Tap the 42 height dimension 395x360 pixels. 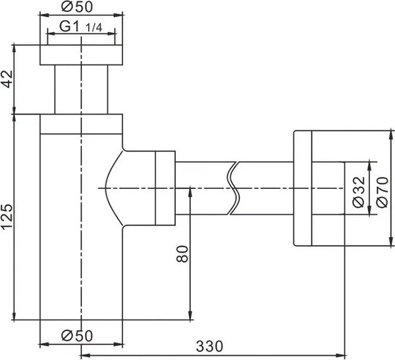coord(7,82)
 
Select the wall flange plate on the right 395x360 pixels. coord(301,189)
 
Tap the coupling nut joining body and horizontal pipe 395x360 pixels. coord(165,189)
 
